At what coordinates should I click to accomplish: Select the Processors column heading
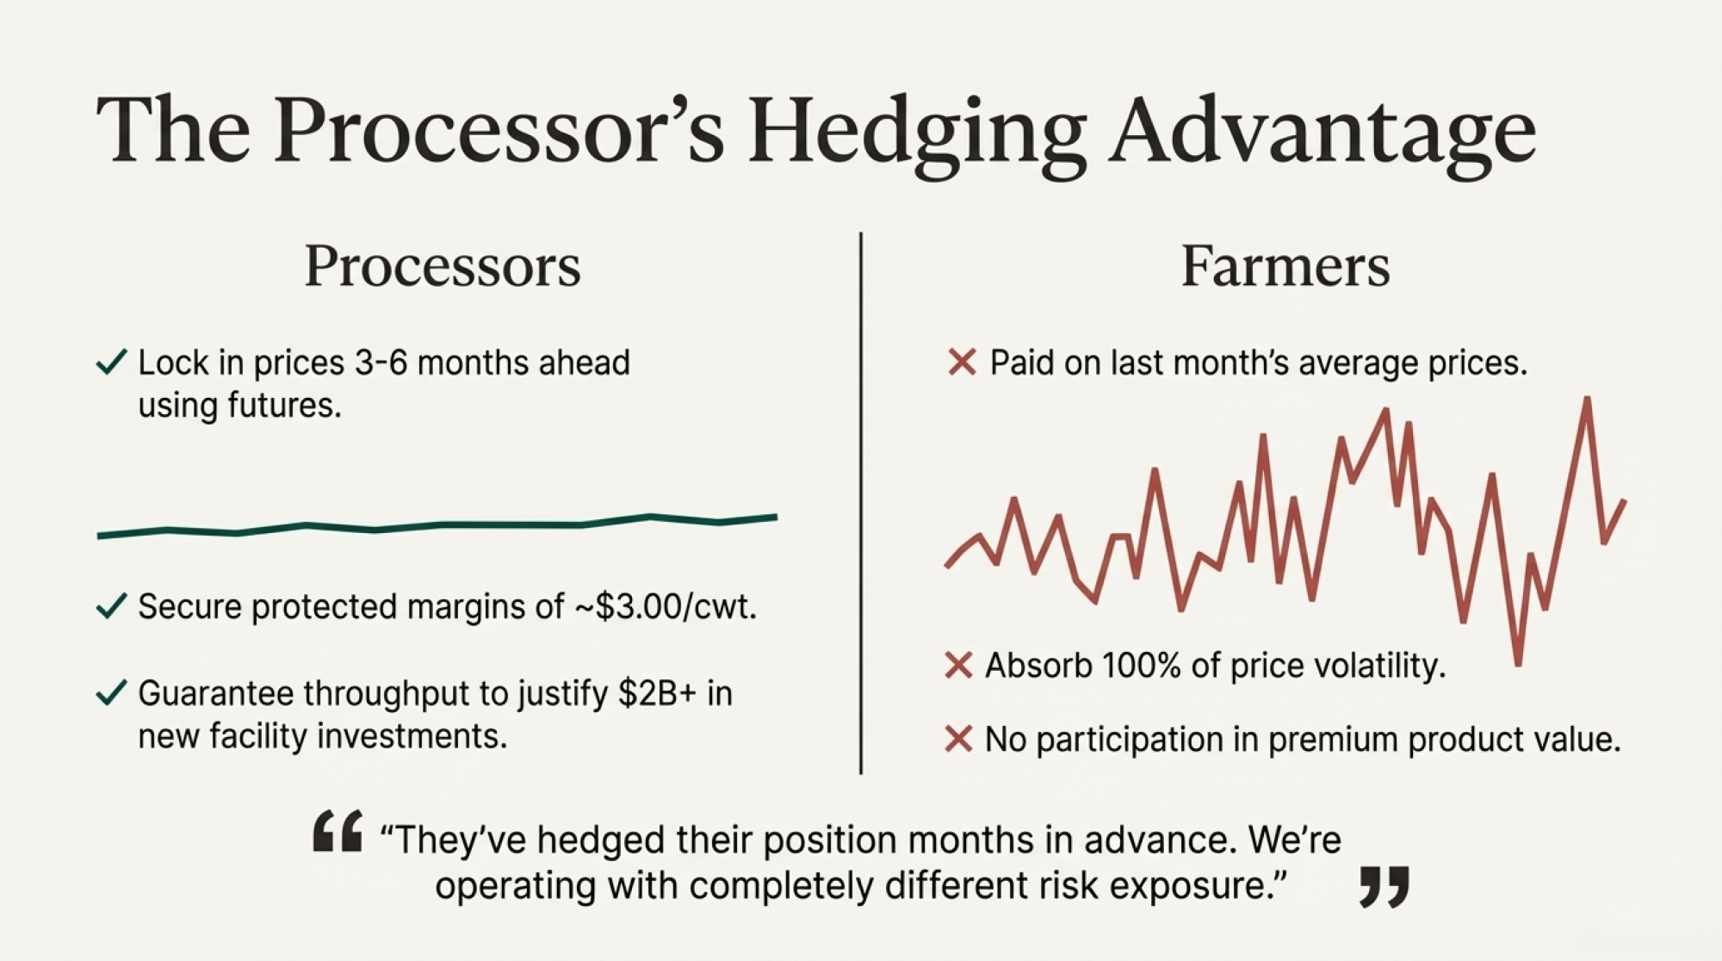tap(443, 266)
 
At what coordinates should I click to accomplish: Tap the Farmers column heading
tap(1285, 266)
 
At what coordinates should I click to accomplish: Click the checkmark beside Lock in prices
tap(111, 362)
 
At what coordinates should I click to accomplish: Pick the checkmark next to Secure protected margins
tap(111, 606)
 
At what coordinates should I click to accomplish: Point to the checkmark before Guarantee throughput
tap(111, 692)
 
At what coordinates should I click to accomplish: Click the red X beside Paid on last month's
tap(962, 363)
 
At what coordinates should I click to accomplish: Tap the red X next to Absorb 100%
tap(959, 666)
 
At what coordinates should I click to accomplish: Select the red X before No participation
tap(959, 739)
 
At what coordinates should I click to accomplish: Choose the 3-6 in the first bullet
tap(381, 363)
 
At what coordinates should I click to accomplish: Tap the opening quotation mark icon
tap(338, 831)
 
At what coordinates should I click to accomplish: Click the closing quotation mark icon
tap(1384, 888)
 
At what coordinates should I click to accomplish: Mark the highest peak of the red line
tap(1587, 399)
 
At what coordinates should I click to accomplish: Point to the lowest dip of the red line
tap(1518, 663)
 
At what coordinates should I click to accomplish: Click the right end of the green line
tap(776, 518)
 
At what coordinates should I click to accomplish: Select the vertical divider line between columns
tap(861, 503)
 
